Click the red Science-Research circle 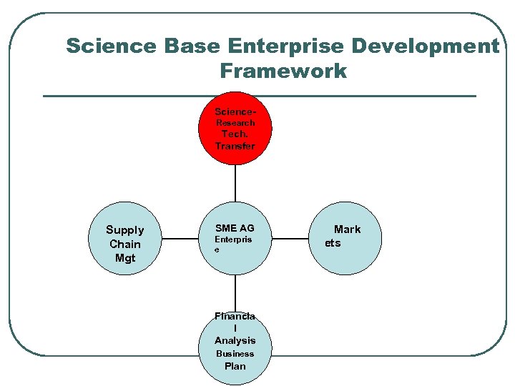click(235, 129)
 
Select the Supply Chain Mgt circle click(125, 244)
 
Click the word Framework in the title click(283, 71)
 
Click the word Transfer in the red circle click(235, 146)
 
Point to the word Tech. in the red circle click(235, 134)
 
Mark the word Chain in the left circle click(125, 244)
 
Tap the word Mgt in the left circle click(125, 258)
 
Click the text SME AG click(235, 229)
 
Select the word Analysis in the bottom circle click(235, 340)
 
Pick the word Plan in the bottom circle click(235, 366)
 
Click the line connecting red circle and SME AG click(235, 184)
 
